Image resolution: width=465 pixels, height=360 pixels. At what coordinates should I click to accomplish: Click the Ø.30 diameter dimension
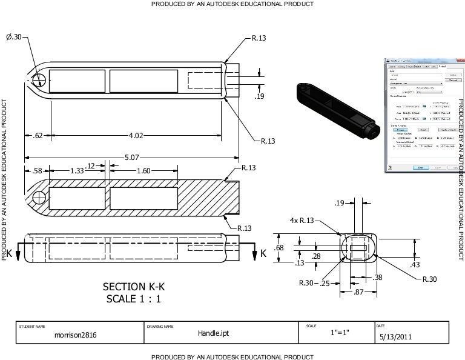pyautogui.click(x=13, y=38)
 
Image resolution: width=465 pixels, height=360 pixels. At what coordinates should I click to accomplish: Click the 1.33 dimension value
pyautogui.click(x=77, y=171)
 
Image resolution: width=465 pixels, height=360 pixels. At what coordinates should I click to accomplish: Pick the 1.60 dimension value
pyautogui.click(x=143, y=171)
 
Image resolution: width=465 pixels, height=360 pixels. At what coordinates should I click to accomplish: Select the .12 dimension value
pyautogui.click(x=92, y=166)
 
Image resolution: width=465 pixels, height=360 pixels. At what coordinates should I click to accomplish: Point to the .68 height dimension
pyautogui.click(x=279, y=248)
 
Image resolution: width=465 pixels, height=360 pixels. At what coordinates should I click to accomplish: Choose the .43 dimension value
pyautogui.click(x=415, y=265)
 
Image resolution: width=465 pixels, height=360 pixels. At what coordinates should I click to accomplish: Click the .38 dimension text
pyautogui.click(x=377, y=277)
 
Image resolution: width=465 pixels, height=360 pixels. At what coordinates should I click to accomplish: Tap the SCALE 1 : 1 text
pyautogui.click(x=133, y=299)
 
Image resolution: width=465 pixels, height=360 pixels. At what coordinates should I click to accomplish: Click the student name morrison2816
pyautogui.click(x=75, y=335)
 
